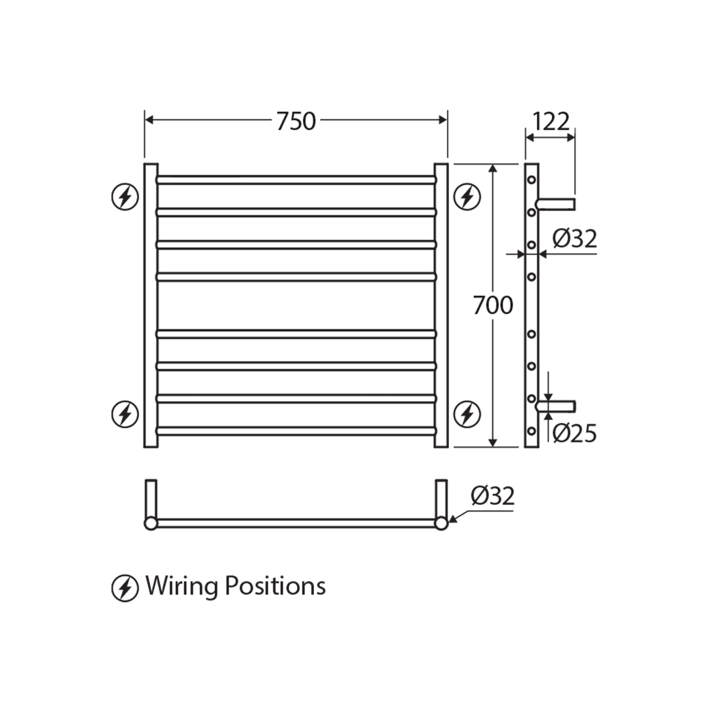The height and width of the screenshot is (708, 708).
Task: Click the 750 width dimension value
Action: pyautogui.click(x=296, y=121)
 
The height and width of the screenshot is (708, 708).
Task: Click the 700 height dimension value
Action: pyautogui.click(x=493, y=305)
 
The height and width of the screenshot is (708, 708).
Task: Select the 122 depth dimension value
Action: pyautogui.click(x=550, y=122)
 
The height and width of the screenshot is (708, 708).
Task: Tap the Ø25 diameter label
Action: pyautogui.click(x=574, y=433)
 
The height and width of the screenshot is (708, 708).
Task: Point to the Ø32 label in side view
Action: pyautogui.click(x=574, y=239)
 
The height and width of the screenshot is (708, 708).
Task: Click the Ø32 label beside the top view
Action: pyautogui.click(x=492, y=496)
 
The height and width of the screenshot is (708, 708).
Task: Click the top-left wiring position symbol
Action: pyautogui.click(x=125, y=197)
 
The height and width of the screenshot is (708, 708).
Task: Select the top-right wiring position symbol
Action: pyautogui.click(x=467, y=197)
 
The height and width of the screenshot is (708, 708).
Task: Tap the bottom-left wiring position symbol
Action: pyautogui.click(x=125, y=414)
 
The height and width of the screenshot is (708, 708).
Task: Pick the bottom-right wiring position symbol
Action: pyautogui.click(x=467, y=414)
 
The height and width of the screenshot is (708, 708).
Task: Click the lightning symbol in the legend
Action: pyautogui.click(x=125, y=587)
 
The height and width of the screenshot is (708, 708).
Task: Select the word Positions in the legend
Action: pyautogui.click(x=275, y=585)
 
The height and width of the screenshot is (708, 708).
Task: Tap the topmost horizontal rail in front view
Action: pyautogui.click(x=296, y=180)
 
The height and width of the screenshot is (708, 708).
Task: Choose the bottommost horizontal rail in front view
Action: pyautogui.click(x=296, y=431)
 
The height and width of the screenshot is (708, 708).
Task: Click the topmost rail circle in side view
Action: pyautogui.click(x=532, y=180)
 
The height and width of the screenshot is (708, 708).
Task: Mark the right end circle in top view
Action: pyautogui.click(x=441, y=523)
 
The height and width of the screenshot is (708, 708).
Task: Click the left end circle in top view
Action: pyautogui.click(x=151, y=523)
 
